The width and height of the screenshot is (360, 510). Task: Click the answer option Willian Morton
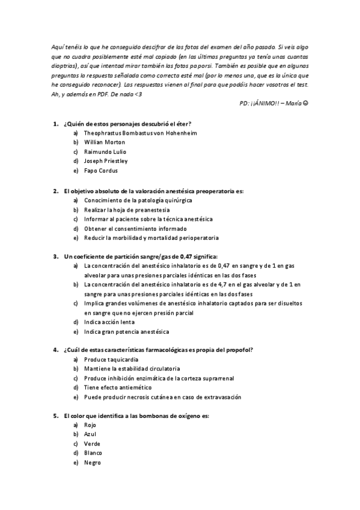coord(105,142)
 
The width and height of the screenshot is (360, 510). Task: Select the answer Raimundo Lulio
coord(106,152)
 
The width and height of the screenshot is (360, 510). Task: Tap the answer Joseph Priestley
coord(106,161)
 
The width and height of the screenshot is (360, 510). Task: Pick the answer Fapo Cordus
coord(101,171)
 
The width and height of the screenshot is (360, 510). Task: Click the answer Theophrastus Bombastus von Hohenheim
coord(141,132)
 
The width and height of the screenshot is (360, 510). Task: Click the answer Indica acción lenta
coord(109,322)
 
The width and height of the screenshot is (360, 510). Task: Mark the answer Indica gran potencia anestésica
coord(126,331)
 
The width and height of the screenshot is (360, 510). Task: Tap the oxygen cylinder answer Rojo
coord(90,425)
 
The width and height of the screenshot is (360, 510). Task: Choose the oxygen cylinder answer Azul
coord(90,434)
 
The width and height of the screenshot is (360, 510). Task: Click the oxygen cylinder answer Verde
coord(92,443)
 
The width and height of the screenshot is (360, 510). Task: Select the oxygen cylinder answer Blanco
coord(93,453)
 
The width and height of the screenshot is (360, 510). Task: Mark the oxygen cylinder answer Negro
coord(92,462)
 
